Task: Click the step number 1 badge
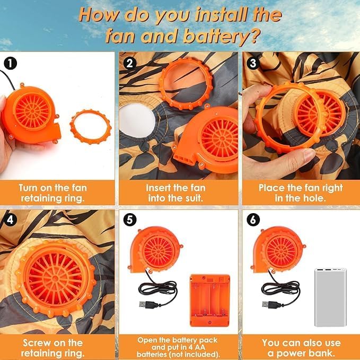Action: click(10, 64)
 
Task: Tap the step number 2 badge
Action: click(130, 63)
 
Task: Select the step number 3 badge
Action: click(253, 63)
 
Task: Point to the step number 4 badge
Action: click(10, 219)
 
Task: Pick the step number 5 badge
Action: click(130, 219)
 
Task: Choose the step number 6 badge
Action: click(253, 219)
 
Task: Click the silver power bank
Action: click(330, 297)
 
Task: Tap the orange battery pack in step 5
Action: click(210, 300)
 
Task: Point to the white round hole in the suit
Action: click(137, 120)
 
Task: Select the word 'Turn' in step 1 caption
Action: click(28, 188)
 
